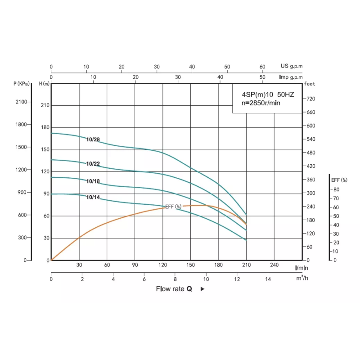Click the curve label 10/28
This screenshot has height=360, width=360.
(93, 139)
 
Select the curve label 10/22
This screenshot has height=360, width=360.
(93, 164)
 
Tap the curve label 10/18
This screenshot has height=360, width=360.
(93, 181)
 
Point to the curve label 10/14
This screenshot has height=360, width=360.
(93, 197)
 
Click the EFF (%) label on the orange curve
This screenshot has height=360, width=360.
(173, 207)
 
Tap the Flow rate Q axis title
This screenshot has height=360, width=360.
(174, 289)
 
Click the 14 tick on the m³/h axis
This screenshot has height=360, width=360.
(268, 279)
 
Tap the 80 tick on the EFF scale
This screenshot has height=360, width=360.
(336, 189)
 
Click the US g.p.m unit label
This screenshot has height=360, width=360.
(292, 66)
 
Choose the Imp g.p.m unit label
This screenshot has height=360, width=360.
(291, 77)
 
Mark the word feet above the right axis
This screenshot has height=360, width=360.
(310, 84)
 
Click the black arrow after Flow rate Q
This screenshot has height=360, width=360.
(202, 289)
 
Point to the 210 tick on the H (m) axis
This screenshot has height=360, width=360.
(45, 105)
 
